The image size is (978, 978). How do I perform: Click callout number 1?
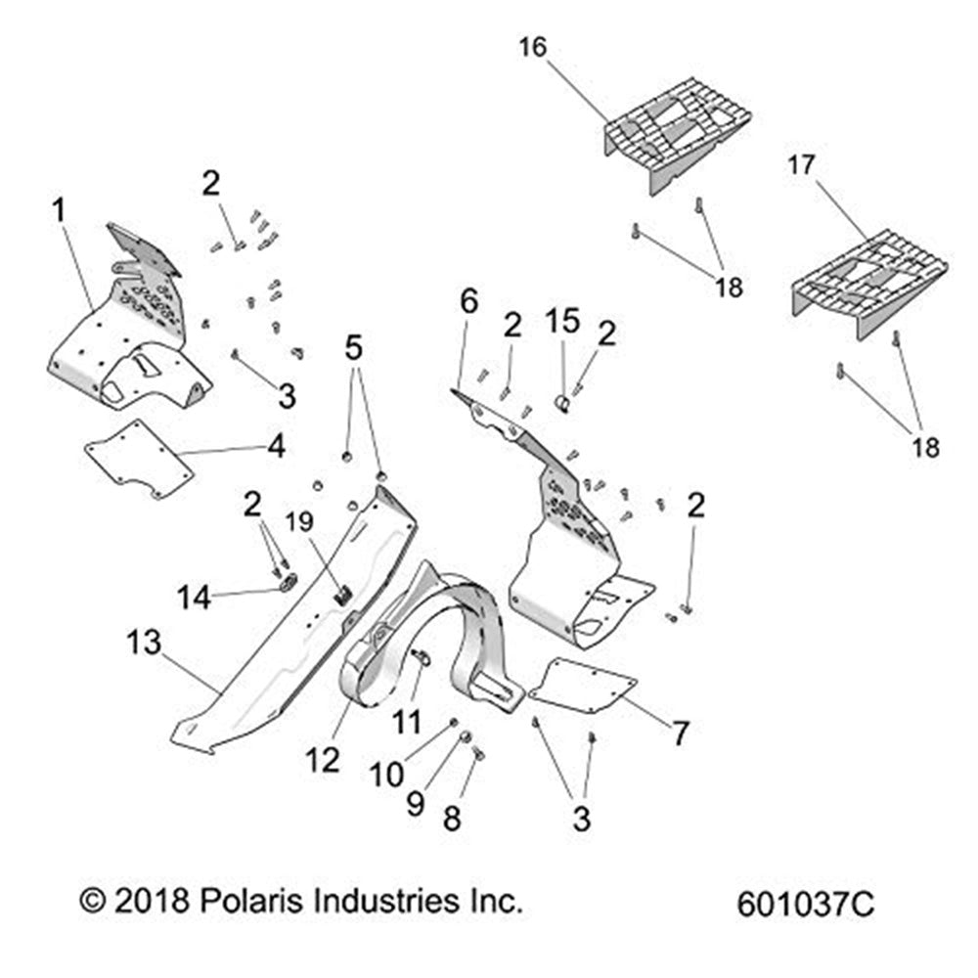[60, 209]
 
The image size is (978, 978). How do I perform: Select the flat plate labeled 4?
[139, 458]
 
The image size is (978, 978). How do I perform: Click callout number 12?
[325, 758]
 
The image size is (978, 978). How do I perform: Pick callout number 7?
[679, 731]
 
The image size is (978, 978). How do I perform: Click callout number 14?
[193, 597]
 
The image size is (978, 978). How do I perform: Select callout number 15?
[562, 321]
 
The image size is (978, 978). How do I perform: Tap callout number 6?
[469, 301]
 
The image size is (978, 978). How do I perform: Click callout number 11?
[407, 723]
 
